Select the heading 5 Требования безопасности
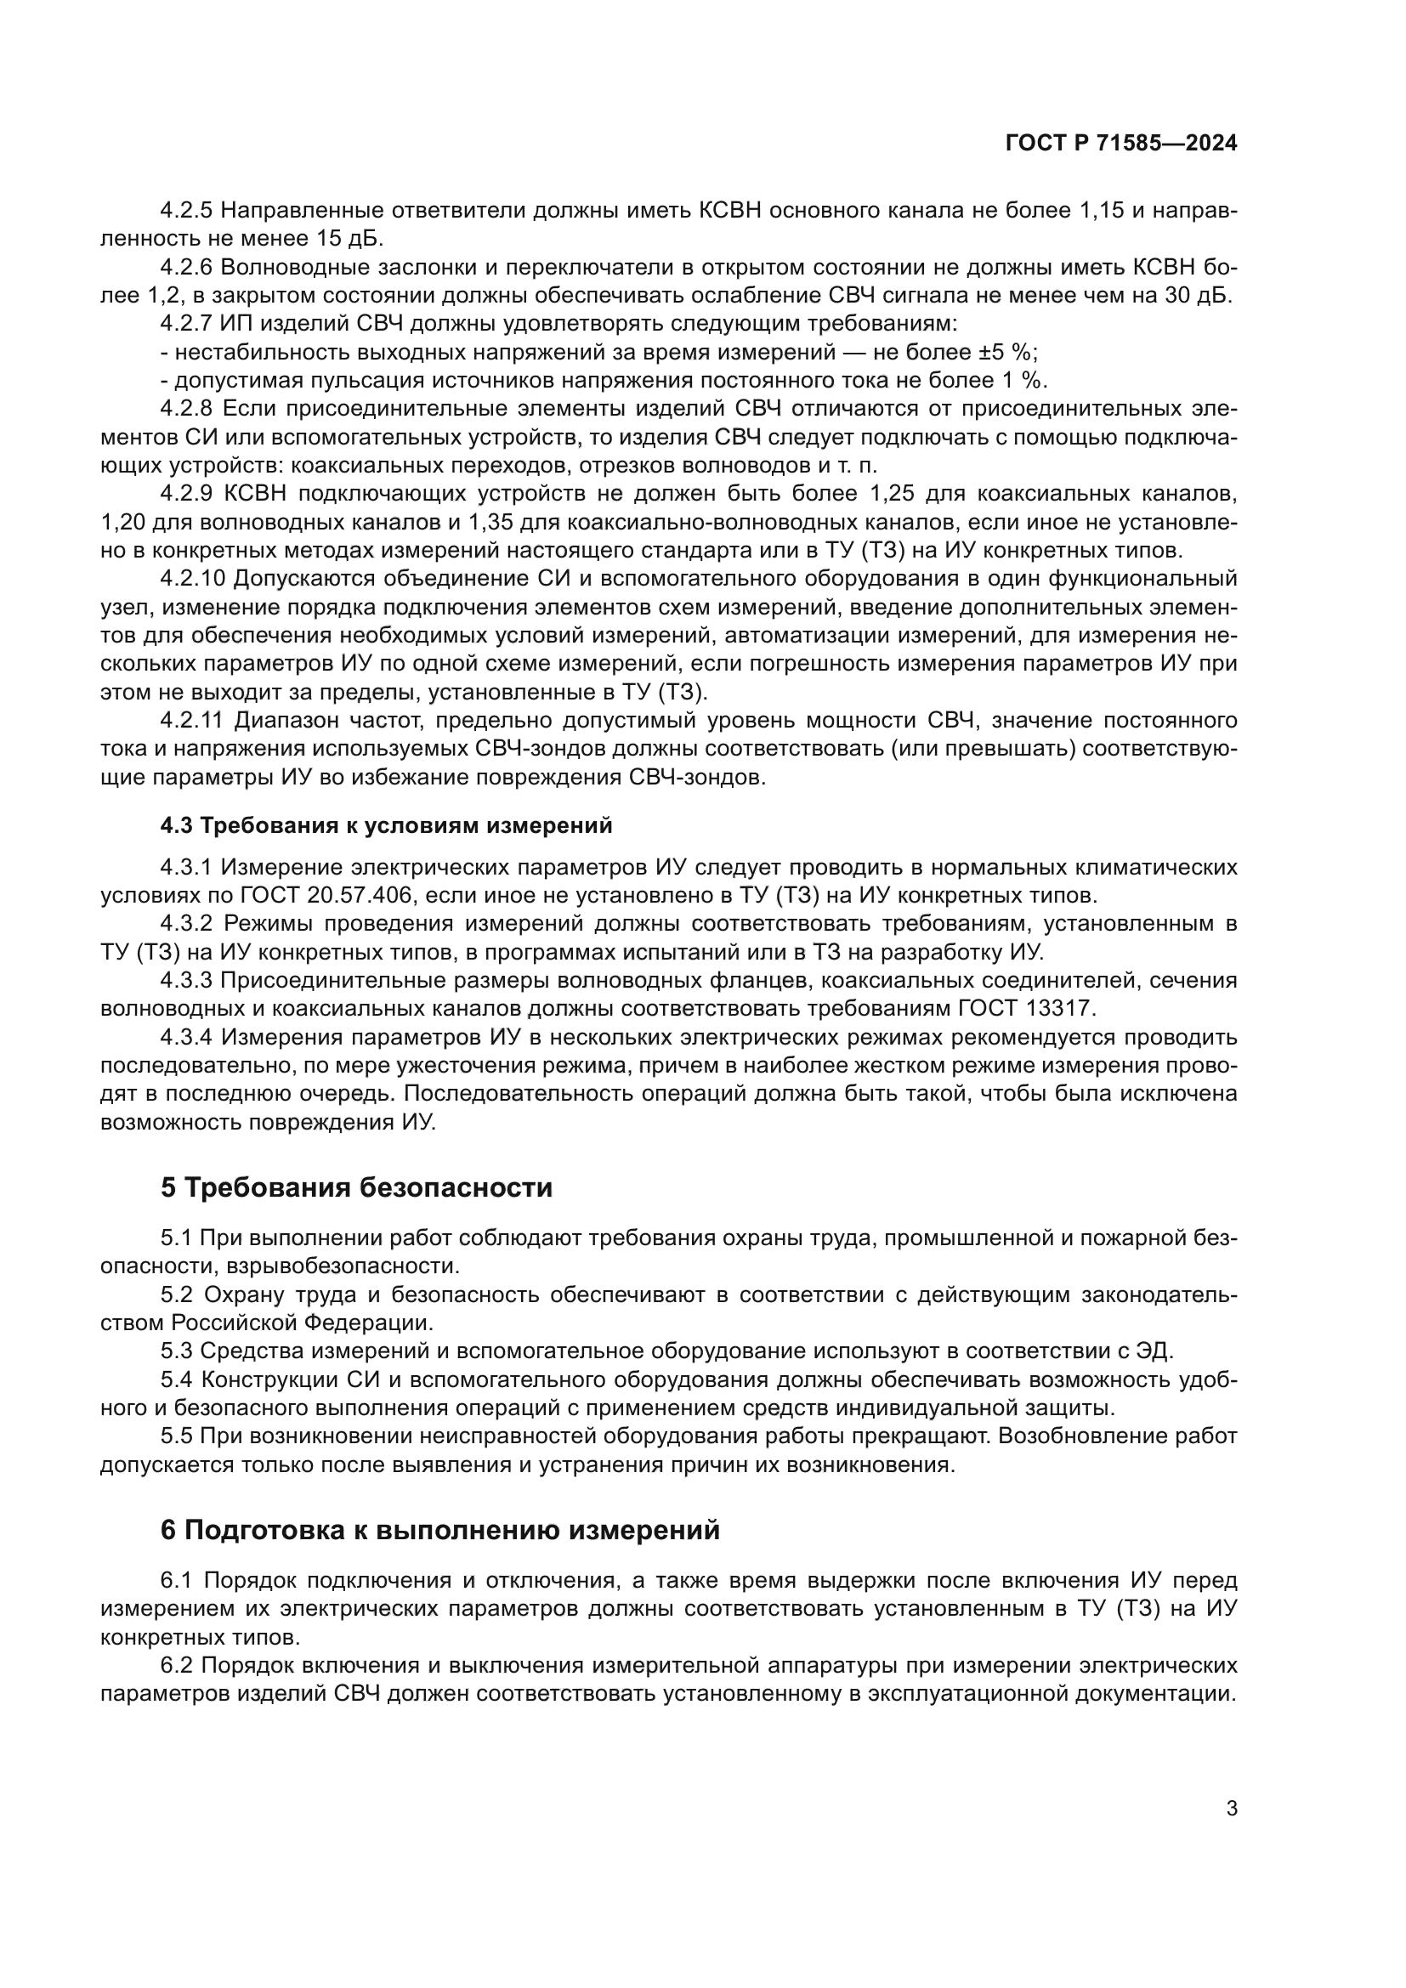tap(356, 1187)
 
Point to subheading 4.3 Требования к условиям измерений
tap(386, 826)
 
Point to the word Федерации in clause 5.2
tap(374, 1323)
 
